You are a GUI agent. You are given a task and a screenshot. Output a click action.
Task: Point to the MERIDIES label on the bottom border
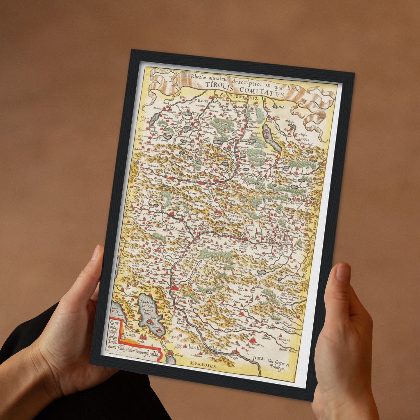coord(203,365)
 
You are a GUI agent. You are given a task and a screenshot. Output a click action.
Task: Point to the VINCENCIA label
coord(256,345)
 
